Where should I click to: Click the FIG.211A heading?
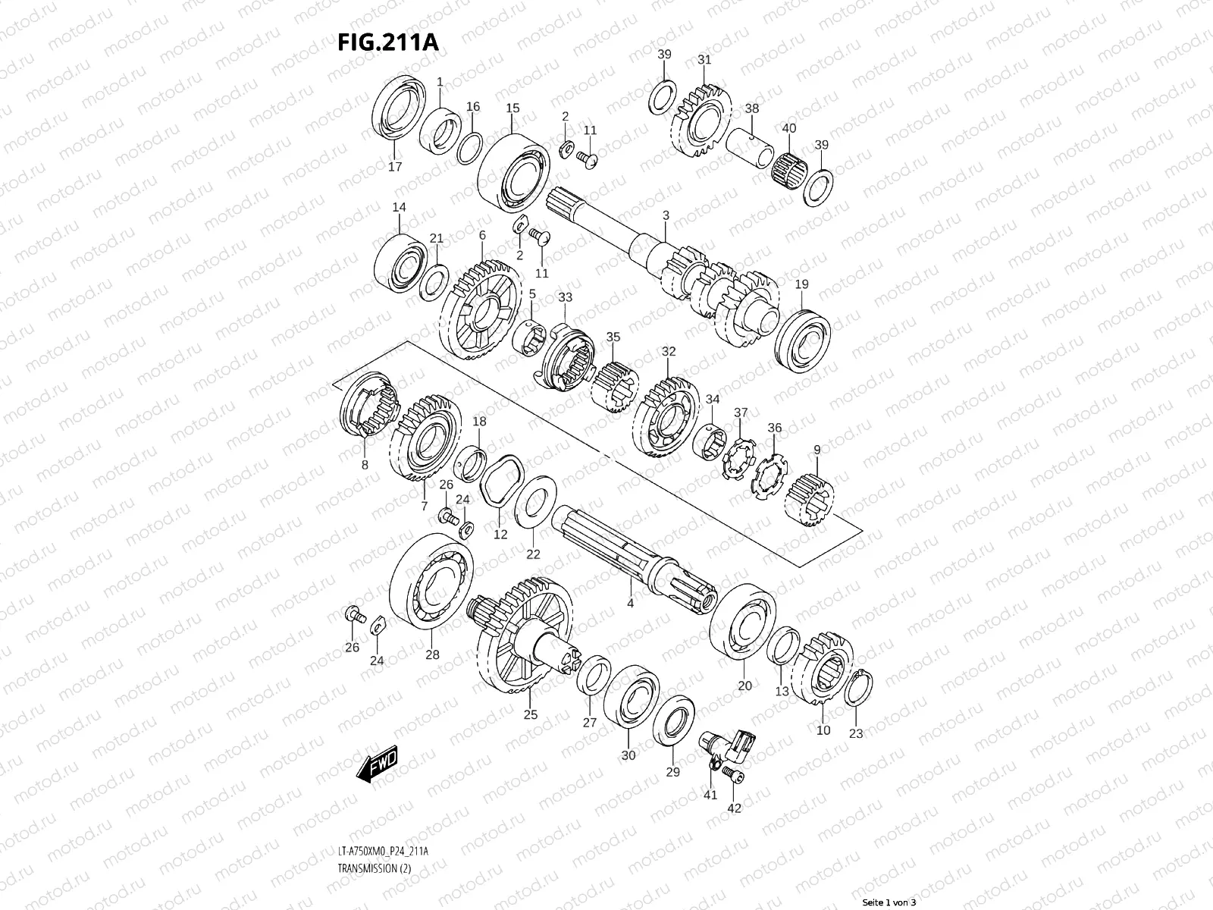tap(387, 42)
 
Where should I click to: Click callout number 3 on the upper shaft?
tap(666, 216)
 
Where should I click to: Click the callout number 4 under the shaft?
tap(630, 604)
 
